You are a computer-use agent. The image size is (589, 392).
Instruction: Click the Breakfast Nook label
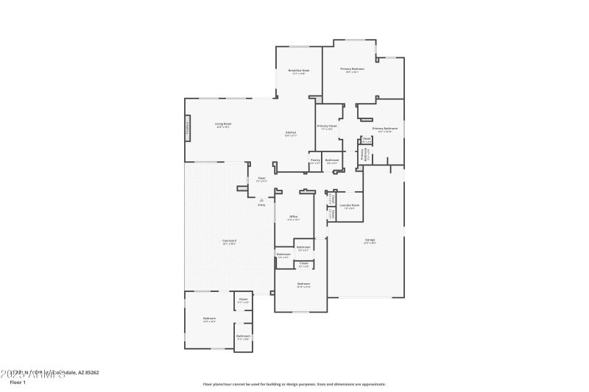pyautogui.click(x=299, y=72)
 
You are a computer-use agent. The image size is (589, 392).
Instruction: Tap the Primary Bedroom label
pyautogui.click(x=352, y=70)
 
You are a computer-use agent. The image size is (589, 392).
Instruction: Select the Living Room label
pyautogui.click(x=223, y=125)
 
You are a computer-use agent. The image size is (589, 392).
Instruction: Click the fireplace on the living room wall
pyautogui.click(x=187, y=128)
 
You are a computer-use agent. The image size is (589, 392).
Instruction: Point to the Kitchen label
pyautogui.click(x=291, y=134)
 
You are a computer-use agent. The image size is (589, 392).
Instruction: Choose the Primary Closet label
pyautogui.click(x=327, y=126)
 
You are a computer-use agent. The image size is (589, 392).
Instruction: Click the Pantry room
pyautogui.click(x=314, y=161)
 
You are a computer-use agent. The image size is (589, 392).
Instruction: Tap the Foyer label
pyautogui.click(x=261, y=179)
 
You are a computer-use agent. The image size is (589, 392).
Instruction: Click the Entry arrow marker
pyautogui.click(x=261, y=199)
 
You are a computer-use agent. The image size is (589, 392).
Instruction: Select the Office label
pyautogui.click(x=292, y=218)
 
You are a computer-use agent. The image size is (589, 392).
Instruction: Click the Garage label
pyautogui.click(x=370, y=241)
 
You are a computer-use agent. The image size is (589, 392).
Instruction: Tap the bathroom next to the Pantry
pyautogui.click(x=332, y=161)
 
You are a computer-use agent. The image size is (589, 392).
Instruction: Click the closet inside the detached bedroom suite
pyautogui.click(x=243, y=300)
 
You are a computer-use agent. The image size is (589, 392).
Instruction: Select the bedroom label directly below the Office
pyautogui.click(x=303, y=285)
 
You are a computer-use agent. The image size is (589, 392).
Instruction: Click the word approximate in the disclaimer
pyautogui.click(x=371, y=384)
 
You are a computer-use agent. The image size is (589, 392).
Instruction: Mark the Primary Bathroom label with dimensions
pyautogui.click(x=384, y=129)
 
